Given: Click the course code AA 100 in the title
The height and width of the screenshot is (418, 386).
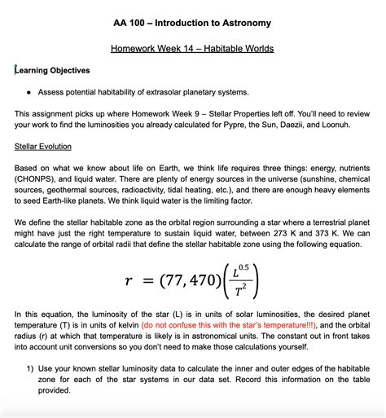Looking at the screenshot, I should tap(132, 23).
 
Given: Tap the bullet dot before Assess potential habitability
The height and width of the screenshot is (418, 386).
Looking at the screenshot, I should tap(29, 92).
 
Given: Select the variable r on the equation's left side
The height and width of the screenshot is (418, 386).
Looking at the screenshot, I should tap(129, 281).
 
